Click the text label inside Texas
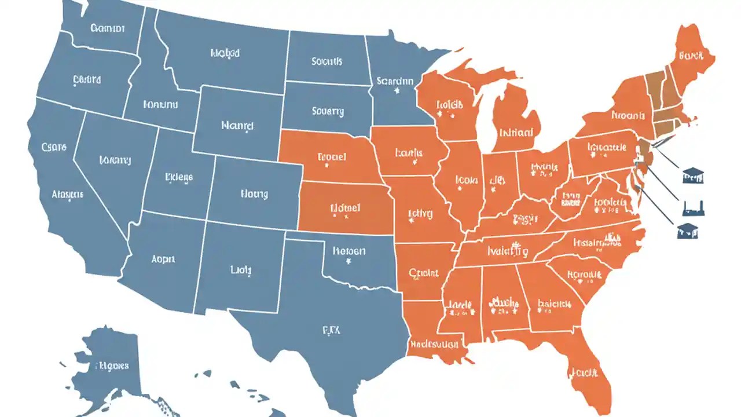tap(331, 330)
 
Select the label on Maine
tap(691, 56)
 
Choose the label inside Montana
tap(225, 53)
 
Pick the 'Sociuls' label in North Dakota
tap(327, 61)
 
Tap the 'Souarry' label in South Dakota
tap(328, 111)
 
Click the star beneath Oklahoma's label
tap(349, 262)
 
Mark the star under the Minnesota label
tap(397, 91)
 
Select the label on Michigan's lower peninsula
tap(516, 132)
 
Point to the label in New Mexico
tap(241, 269)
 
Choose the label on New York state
tap(628, 115)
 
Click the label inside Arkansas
tap(423, 273)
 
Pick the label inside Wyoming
tap(237, 124)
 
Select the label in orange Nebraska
tap(332, 156)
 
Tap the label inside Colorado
tap(254, 194)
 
